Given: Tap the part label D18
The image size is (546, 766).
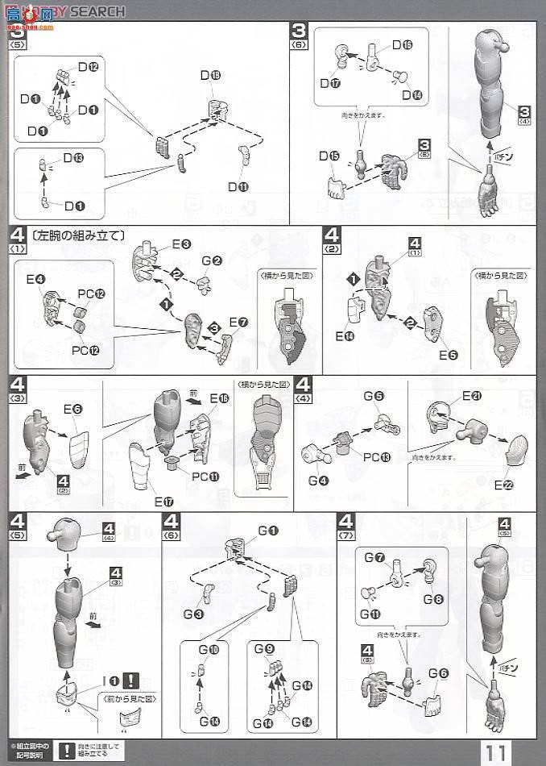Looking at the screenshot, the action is coord(210,76).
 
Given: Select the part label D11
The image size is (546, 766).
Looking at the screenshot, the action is coord(238,187).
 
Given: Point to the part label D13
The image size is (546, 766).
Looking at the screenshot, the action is coord(73,157).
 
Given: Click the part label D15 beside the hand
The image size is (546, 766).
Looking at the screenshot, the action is coord(328,156).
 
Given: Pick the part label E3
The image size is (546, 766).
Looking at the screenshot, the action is coord(180,244).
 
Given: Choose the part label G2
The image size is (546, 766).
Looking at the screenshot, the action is coord(212,260).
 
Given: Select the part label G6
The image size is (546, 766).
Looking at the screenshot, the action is coord(439,673).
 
